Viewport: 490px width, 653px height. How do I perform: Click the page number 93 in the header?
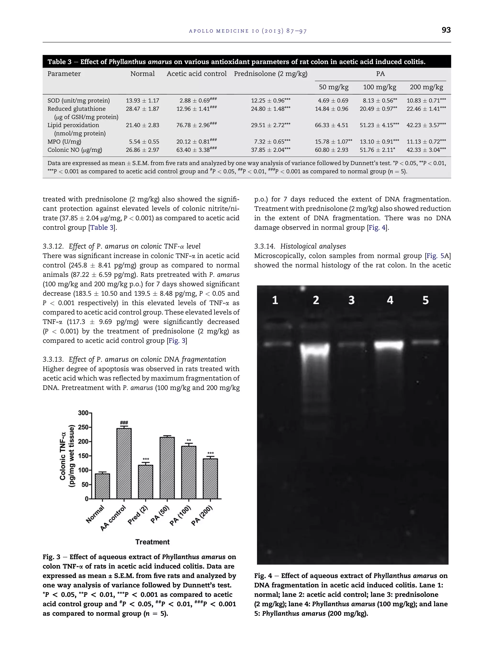point(446,30)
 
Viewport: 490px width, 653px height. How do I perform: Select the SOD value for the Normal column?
point(142,101)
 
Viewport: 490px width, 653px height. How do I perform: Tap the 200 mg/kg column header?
point(426,87)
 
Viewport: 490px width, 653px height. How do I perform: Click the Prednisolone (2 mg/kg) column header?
point(271,74)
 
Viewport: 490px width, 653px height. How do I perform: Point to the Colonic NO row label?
point(75,150)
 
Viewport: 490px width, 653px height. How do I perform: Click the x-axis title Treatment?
point(152,542)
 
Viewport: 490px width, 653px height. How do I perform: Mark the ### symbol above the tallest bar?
point(124,423)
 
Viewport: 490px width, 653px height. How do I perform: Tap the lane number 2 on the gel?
point(316,300)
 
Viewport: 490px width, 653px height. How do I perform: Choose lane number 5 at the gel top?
point(425,300)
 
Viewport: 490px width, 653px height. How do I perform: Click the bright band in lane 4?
point(389,345)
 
